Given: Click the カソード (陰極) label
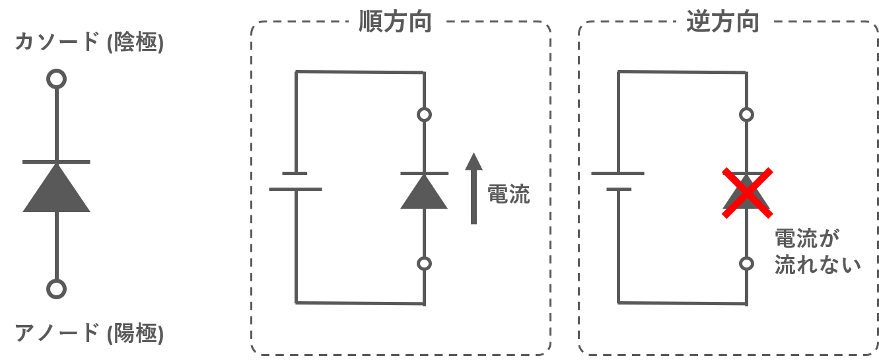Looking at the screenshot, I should click(89, 43).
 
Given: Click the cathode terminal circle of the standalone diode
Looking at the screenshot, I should click(57, 79).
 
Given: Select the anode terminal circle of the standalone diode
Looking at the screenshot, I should click(57, 289).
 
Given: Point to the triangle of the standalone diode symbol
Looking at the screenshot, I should click(57, 192).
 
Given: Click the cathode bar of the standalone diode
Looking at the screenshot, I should click(57, 162).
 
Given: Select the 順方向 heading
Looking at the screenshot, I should click(395, 23).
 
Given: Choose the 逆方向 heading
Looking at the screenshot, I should click(722, 23).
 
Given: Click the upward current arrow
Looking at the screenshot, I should click(473, 188).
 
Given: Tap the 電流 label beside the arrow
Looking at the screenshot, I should click(509, 195).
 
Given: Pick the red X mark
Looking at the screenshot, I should click(746, 193).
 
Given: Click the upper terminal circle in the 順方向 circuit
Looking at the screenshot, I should click(424, 114).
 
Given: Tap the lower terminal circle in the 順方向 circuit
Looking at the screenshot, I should click(424, 264).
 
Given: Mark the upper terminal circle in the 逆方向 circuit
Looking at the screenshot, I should click(746, 114).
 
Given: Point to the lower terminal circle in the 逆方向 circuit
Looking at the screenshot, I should click(746, 264).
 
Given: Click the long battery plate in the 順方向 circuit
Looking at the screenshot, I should click(295, 190).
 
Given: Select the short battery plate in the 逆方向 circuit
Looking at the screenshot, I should click(618, 190).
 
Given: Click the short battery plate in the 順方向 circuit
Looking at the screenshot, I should click(295, 174).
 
